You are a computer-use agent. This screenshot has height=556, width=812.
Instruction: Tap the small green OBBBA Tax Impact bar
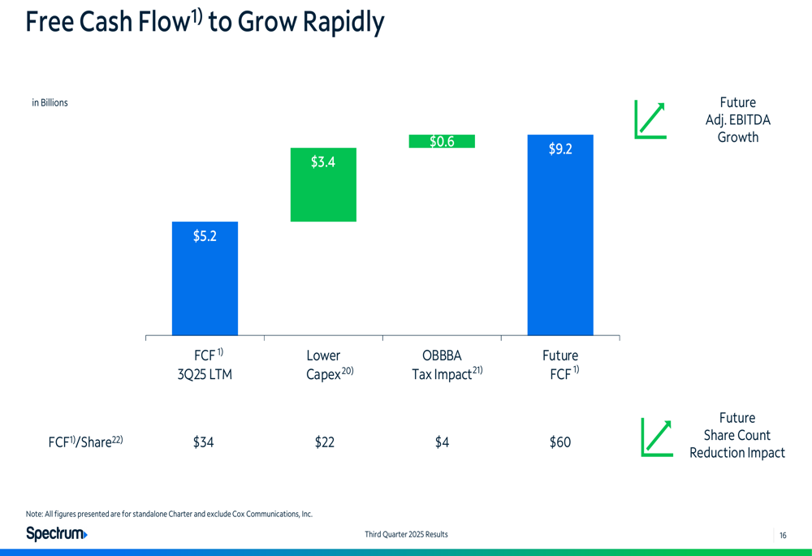coord(441,141)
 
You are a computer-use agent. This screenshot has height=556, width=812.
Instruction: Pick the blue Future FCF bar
coord(560,244)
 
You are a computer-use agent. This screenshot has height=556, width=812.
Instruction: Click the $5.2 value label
coord(205,236)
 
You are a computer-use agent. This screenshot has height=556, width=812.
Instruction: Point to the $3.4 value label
coord(323,162)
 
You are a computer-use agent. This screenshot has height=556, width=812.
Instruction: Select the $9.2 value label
coord(560,149)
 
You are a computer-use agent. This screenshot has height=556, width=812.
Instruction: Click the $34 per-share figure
coord(203,442)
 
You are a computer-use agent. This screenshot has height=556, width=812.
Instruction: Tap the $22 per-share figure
coord(324,442)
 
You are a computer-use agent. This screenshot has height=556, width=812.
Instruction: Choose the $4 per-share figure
coord(442,442)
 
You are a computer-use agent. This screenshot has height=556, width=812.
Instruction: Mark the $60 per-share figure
coord(560,442)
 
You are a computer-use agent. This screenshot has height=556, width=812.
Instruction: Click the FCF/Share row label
coord(85,442)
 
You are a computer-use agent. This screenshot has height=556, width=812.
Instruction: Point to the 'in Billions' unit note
coord(50,103)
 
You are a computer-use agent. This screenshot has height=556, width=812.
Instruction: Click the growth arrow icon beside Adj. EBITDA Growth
coord(650,119)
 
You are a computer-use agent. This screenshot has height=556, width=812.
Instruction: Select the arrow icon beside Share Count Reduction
coord(656,437)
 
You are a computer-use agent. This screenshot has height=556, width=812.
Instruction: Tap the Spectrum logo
coord(57,533)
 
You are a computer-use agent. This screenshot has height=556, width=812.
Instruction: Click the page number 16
coord(783,535)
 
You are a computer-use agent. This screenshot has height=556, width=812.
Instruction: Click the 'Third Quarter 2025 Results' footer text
coord(406,534)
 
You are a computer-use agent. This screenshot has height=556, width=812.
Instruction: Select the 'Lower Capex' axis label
coord(323,365)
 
